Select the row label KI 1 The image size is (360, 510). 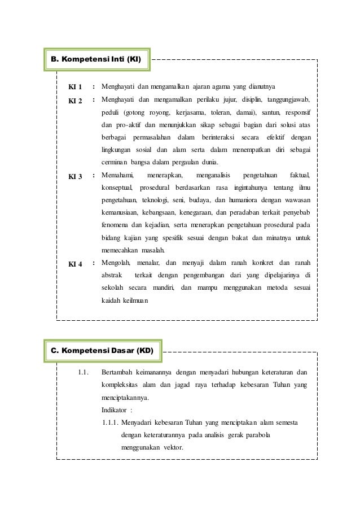tap(75, 87)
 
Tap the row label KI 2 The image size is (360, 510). tap(75, 101)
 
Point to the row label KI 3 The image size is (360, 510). tap(75, 177)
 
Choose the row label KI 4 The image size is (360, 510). tap(75, 264)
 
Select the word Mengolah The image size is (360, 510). tap(116, 263)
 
